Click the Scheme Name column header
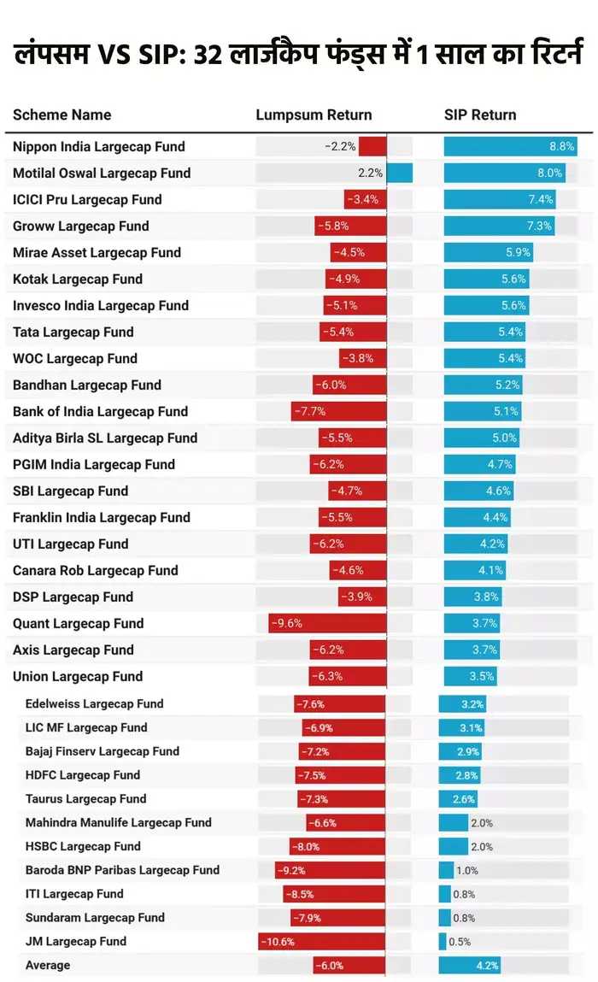pos(62,115)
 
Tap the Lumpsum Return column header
pos(314,115)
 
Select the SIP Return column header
pos(480,115)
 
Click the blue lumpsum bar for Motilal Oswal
pos(400,173)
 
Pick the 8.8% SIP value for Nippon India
pos(561,147)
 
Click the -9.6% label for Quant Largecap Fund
pos(287,624)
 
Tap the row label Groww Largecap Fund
pos(80,226)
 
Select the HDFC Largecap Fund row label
pos(83,775)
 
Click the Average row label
pos(48,966)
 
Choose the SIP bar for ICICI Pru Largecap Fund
pos(500,200)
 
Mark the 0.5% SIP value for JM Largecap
pos(460,942)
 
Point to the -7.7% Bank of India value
pos(309,412)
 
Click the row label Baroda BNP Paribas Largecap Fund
pos(122,870)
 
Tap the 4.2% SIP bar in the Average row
pos(470,966)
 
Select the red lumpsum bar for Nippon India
pos(372,147)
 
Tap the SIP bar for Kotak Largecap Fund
pos(486,279)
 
